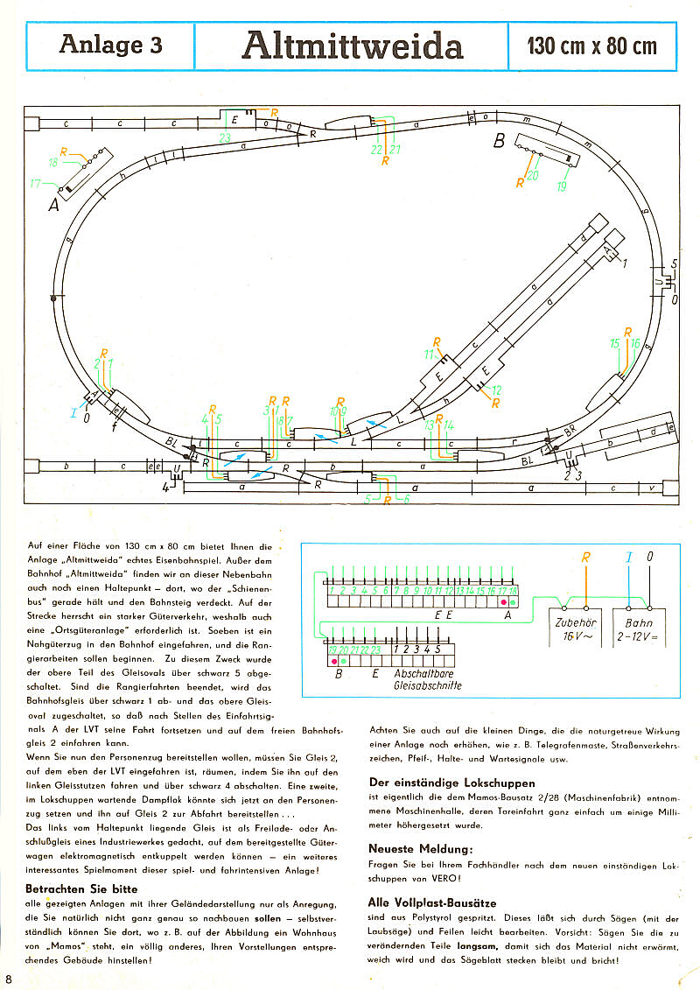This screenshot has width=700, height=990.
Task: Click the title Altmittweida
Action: (352, 46)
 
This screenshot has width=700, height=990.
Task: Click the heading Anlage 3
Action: (110, 45)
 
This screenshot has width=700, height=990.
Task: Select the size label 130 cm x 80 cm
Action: (591, 46)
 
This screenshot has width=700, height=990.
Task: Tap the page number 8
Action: (8, 978)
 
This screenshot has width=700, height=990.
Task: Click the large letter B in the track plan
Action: (500, 141)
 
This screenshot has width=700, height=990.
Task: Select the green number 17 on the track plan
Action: (35, 184)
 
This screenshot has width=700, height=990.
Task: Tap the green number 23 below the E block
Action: (225, 138)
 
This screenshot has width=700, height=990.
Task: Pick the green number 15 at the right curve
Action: (614, 344)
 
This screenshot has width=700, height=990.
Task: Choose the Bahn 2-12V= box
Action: (639, 629)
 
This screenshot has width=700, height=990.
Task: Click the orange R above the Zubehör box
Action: (586, 557)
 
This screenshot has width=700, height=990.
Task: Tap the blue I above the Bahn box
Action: (627, 557)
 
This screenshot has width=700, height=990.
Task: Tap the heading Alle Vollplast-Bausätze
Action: (433, 902)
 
